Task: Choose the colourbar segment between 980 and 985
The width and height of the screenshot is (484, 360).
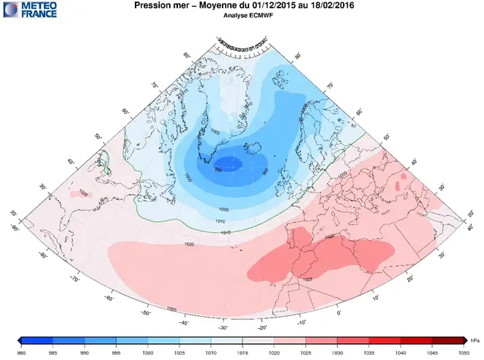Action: click(35, 342)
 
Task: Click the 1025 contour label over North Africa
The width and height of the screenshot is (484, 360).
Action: click(308, 280)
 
